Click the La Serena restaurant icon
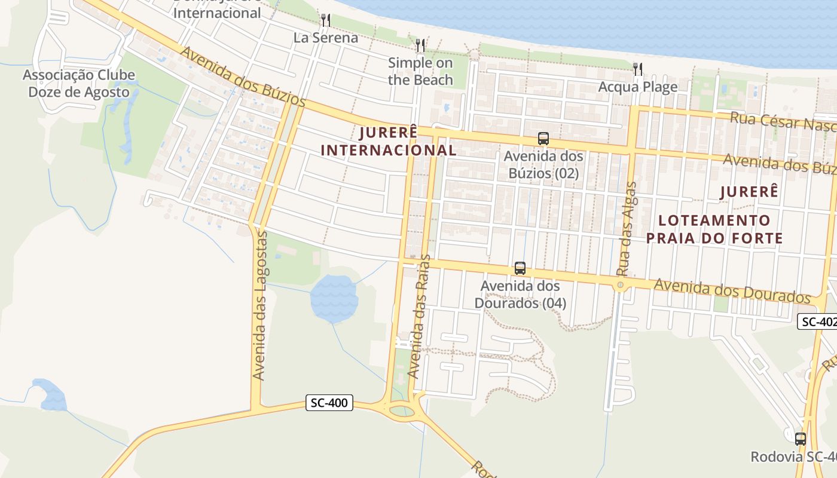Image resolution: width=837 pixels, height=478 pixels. coord(325,20)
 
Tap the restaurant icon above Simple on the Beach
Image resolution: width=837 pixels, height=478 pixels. coord(420,45)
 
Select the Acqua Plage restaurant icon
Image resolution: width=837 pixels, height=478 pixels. coord(638,69)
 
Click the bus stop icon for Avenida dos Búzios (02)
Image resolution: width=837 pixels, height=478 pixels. coord(543,139)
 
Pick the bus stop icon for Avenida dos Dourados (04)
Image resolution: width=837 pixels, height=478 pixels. coord(520,268)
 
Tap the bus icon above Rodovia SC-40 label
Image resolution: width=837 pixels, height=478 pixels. coord(800,439)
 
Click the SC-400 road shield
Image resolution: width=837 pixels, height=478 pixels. coord(329,403)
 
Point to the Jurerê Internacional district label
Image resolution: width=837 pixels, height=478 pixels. coord(389,141)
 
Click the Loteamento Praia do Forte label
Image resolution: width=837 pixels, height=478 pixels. coord(714,229)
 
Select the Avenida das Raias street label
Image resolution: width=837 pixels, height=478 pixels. coord(418,317)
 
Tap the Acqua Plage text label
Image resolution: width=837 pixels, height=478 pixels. coord(638,87)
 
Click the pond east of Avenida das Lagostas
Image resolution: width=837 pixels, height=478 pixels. coord(334,298)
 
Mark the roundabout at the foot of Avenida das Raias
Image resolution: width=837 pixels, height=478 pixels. coord(402,410)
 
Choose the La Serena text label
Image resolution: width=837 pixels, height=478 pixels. coord(325,38)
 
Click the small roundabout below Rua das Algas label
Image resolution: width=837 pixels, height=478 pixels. coord(620,285)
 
